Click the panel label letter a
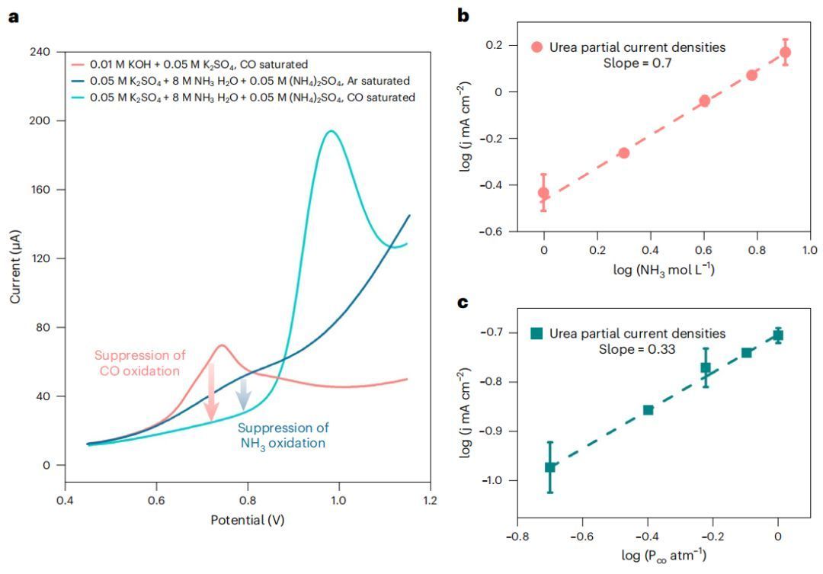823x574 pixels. pos(14,16)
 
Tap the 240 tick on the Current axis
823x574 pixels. pos(42,52)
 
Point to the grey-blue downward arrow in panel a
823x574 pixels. pos(244,393)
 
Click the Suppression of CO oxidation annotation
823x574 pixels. pos(137,363)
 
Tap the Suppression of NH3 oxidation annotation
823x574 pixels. pos(282,435)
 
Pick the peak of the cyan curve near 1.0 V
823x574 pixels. pos(330,131)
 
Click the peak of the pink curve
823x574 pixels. pos(221,345)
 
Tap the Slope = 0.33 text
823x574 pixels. pos(637,349)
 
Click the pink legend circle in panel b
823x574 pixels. pos(536,47)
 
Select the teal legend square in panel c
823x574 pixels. pos(536,333)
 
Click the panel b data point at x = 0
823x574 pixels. pos(543,193)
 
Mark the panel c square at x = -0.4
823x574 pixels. pos(648,410)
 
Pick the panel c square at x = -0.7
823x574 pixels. pos(550,467)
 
